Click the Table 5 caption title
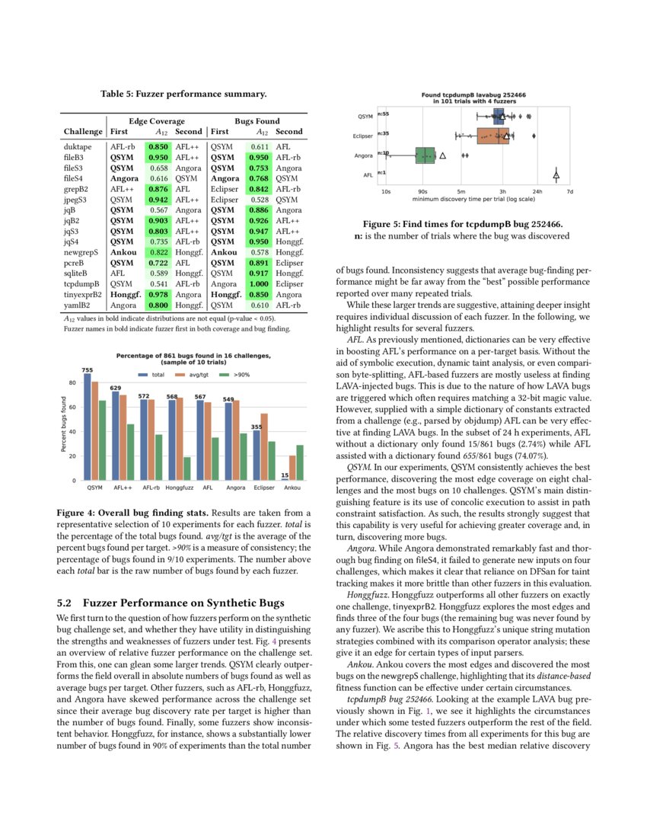183,94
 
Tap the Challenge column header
83,131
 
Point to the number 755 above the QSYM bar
88,369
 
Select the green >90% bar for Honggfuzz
186,468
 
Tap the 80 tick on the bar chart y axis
72,382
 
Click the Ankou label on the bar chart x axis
292,486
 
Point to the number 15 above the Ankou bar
285,475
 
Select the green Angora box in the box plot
425,155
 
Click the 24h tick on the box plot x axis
537,191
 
